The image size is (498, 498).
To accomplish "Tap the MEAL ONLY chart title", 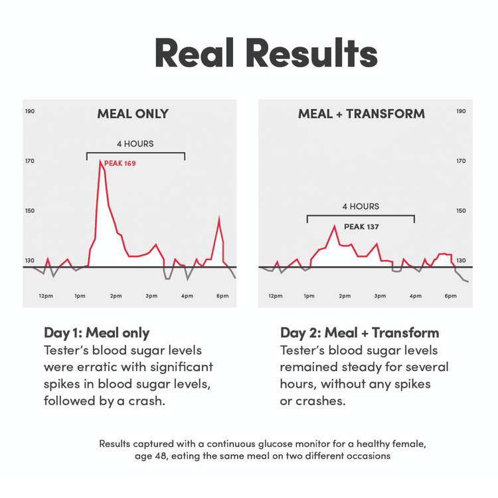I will point(133,114).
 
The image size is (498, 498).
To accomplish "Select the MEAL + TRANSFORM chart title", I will point(361,114).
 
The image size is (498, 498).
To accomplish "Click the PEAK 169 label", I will point(120,163).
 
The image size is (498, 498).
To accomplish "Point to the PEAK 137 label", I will point(361,226).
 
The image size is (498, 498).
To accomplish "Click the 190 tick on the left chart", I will point(30,112).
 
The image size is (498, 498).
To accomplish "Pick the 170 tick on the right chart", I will point(461,161).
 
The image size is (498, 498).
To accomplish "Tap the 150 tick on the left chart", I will point(30,210).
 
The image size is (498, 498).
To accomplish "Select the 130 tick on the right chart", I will point(461,260).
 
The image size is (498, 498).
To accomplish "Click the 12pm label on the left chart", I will point(46,295).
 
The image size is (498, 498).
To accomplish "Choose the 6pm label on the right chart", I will point(451,295).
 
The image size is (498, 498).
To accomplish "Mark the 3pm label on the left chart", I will point(151,295).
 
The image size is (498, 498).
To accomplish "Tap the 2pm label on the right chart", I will point(345,295).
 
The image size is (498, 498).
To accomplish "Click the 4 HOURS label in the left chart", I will point(135,143).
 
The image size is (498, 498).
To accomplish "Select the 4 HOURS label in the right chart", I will point(361,207).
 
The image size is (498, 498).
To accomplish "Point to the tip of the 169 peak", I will point(100,161).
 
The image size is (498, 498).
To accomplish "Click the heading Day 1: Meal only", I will point(97,333).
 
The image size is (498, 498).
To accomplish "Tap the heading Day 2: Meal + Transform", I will point(359,333).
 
